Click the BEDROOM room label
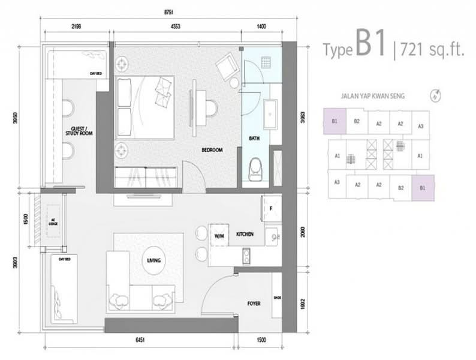(212, 151)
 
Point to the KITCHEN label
(246, 234)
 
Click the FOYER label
(254, 304)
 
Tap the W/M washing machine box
(218, 236)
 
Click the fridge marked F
(272, 209)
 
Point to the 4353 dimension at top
(176, 27)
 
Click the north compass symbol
(434, 94)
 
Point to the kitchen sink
(273, 236)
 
